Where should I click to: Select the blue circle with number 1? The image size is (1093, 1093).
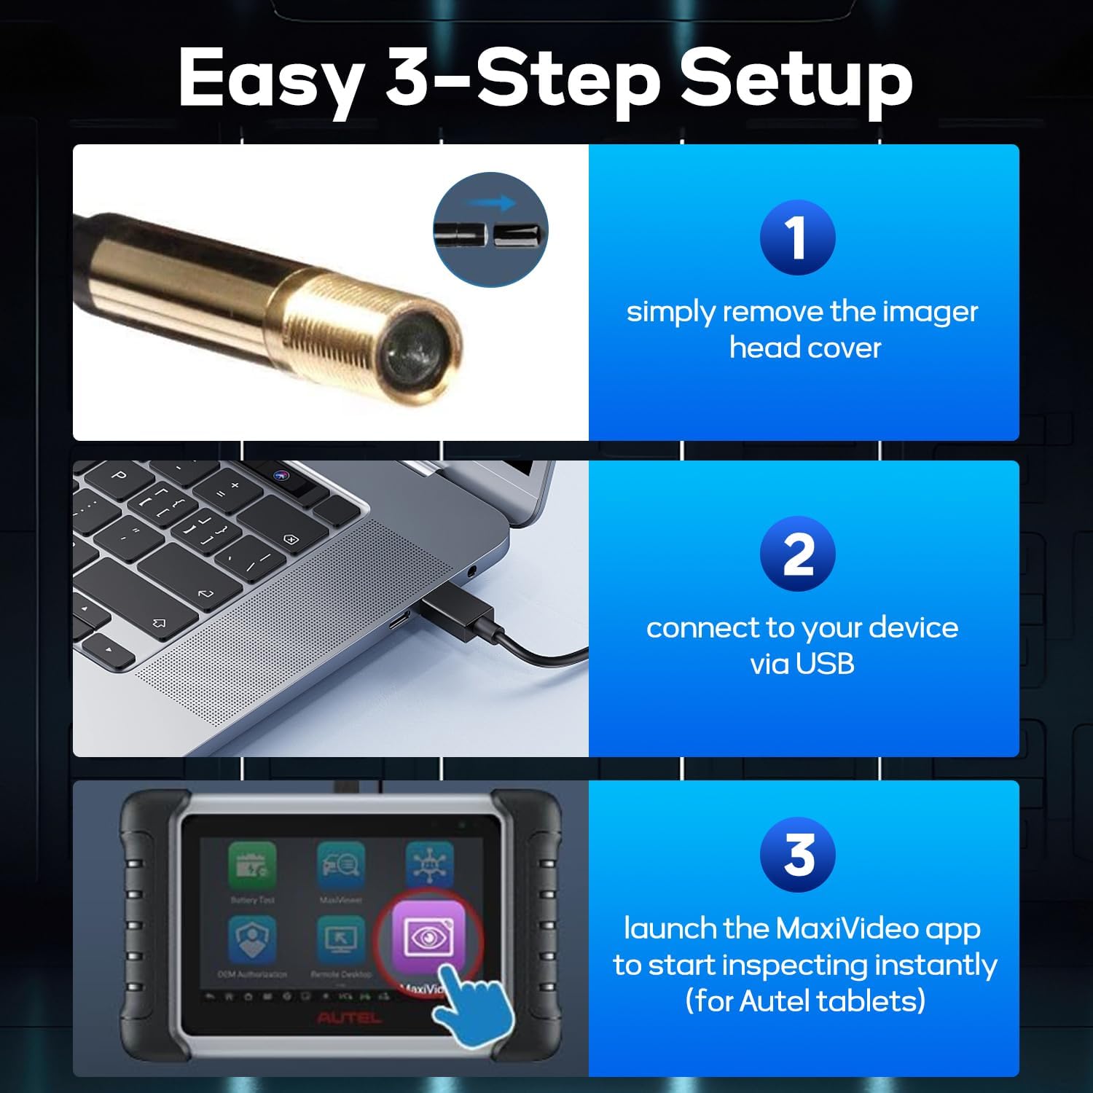(x=797, y=238)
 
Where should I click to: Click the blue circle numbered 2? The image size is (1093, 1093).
(x=797, y=555)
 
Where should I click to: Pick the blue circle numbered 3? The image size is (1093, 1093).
(x=797, y=855)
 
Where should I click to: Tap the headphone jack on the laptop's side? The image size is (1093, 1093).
(x=471, y=571)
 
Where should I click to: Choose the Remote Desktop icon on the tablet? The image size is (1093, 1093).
(x=340, y=939)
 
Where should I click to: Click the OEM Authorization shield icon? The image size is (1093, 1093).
(x=252, y=939)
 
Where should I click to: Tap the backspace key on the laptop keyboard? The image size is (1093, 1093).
(x=291, y=539)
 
